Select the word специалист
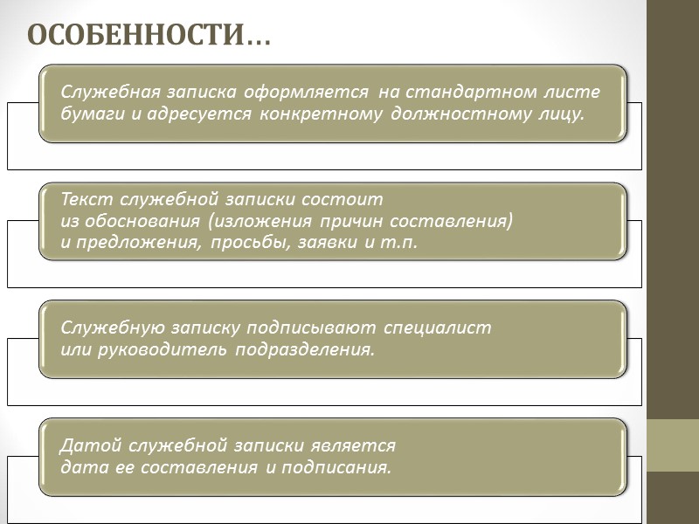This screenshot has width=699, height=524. tap(437, 328)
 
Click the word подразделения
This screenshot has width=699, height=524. tap(306, 349)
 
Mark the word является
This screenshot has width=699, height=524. tap(356, 446)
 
